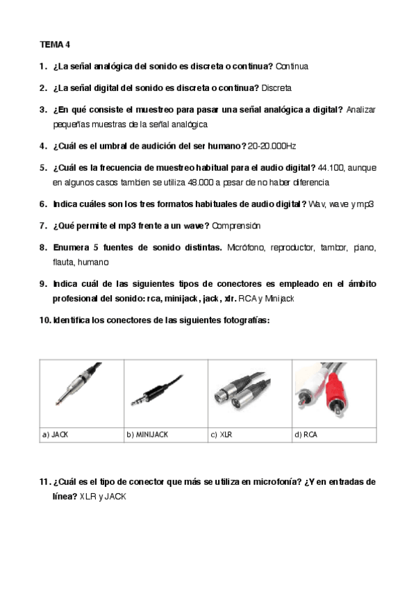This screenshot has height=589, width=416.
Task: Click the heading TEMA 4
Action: (x=55, y=44)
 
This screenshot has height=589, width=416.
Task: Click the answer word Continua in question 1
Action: (x=292, y=67)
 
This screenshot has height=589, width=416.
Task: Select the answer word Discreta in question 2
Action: (x=276, y=88)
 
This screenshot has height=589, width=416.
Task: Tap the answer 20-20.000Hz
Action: (x=272, y=146)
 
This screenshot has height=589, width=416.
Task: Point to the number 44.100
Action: (x=331, y=168)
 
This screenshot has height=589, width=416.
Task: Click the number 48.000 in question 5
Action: (x=201, y=183)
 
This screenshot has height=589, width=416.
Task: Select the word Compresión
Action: (x=236, y=226)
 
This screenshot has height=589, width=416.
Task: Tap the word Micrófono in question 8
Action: (x=247, y=247)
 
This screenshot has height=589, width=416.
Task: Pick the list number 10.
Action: (x=45, y=320)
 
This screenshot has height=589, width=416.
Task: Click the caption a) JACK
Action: (x=55, y=435)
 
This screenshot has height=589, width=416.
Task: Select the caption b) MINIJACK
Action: (x=147, y=435)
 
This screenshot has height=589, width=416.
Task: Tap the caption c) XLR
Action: (x=222, y=435)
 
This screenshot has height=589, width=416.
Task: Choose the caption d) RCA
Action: (x=306, y=435)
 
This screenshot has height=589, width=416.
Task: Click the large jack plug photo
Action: (x=78, y=384)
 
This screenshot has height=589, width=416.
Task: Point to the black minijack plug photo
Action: (x=158, y=390)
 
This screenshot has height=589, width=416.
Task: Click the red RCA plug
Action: (x=335, y=392)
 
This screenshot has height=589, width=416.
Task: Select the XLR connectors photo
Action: (x=242, y=390)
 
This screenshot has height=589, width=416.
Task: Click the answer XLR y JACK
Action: (x=103, y=497)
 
